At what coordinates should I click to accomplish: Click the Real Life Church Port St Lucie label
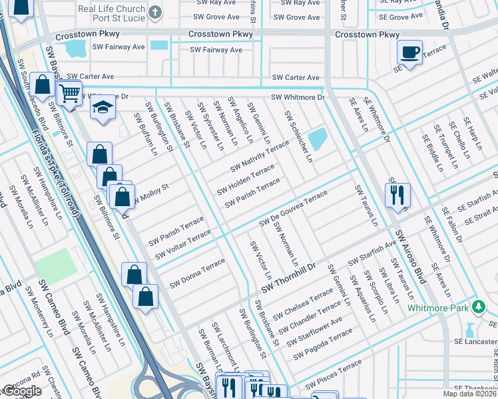pos(111,14)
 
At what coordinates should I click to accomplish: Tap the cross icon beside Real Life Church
pos(155,13)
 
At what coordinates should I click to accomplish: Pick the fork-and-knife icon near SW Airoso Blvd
pos(397,194)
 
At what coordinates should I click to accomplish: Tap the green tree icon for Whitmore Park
pos(477,307)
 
